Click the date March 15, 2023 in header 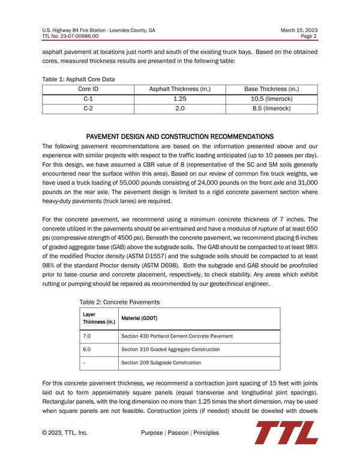click(x=298, y=29)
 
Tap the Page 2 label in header click(x=309, y=36)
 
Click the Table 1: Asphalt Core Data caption click(x=79, y=79)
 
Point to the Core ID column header click(x=88, y=89)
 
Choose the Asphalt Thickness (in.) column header click(x=179, y=89)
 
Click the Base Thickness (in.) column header click(x=271, y=89)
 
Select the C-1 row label click(x=88, y=98)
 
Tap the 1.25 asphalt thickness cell click(x=179, y=98)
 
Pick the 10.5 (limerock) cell click(x=271, y=98)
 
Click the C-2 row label click(x=88, y=109)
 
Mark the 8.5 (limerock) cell click(x=271, y=109)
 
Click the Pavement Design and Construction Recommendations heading click(x=180, y=136)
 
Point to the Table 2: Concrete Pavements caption click(x=119, y=301)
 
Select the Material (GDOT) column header click(x=141, y=318)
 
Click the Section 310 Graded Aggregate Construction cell click(x=170, y=349)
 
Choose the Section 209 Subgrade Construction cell click(x=161, y=363)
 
